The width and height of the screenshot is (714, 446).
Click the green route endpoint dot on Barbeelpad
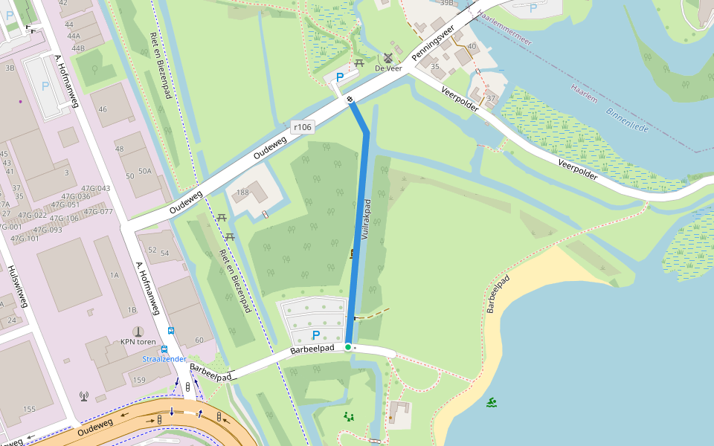click(x=347, y=347)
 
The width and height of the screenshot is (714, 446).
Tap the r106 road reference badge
click(x=302, y=127)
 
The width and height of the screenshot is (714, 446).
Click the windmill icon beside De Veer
click(x=387, y=58)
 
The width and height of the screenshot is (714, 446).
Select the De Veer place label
click(x=388, y=68)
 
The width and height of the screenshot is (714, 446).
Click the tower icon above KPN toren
click(x=137, y=331)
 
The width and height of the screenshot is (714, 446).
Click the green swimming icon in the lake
click(x=492, y=403)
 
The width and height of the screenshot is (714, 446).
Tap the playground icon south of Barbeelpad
click(x=349, y=417)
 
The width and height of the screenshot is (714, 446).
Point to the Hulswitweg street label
click(x=19, y=286)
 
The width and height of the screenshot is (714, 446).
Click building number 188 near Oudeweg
click(x=242, y=193)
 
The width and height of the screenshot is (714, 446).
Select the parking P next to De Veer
click(x=341, y=77)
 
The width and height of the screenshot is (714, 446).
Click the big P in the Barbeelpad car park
click(x=316, y=335)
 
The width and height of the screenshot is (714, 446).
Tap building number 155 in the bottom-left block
click(x=29, y=410)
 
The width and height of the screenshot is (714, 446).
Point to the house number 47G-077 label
click(x=98, y=211)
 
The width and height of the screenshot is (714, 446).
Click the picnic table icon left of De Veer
click(x=360, y=63)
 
